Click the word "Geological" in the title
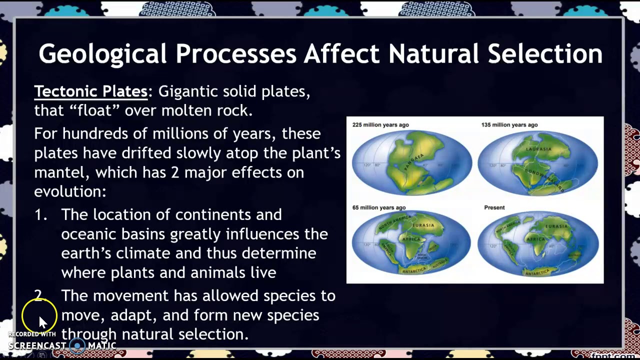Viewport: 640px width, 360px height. pos(102,54)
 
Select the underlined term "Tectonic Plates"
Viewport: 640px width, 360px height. pos(91,91)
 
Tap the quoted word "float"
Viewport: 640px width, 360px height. pos(93,110)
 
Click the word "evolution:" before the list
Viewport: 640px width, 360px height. pos(70,191)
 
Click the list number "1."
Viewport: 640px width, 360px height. pos(41,215)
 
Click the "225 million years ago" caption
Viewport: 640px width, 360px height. pos(380,125)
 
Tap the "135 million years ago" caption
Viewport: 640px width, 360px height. pos(509,125)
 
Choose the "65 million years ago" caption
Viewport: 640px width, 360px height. pos(378,207)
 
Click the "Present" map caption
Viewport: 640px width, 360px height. pos(494,207)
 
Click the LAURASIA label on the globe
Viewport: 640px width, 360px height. pos(538,149)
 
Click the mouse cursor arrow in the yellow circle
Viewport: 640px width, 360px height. pos(42,321)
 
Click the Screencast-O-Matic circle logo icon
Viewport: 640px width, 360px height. pos(77,345)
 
